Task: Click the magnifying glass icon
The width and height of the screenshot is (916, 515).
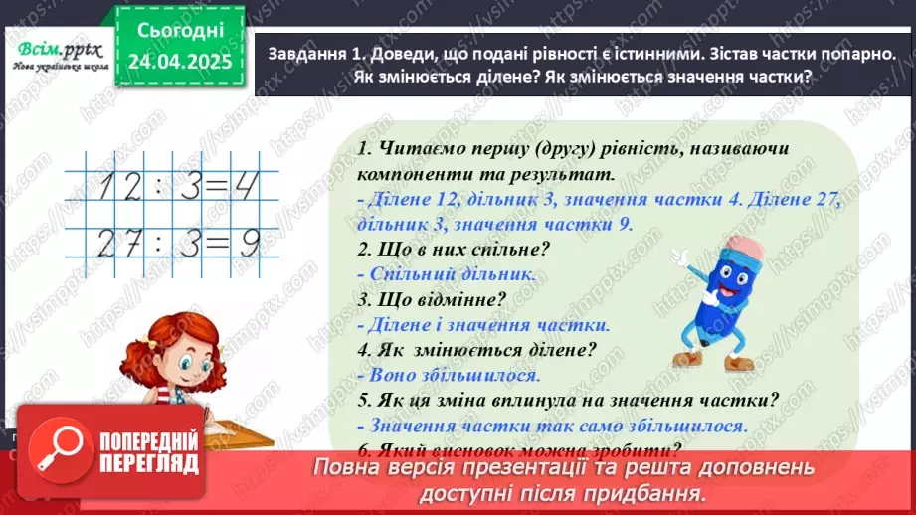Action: (x=62, y=448)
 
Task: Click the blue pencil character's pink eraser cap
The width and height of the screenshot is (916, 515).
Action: (x=746, y=248)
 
